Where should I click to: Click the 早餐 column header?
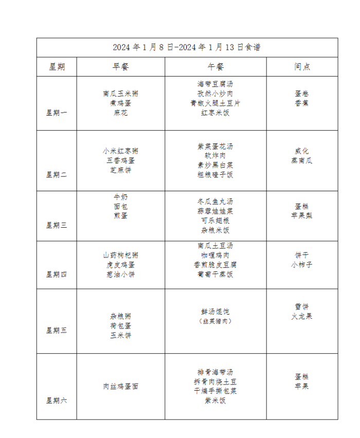120,67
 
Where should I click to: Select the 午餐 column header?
215,67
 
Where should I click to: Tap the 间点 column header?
302,67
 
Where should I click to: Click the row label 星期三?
57,225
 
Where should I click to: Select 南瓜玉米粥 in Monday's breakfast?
120,94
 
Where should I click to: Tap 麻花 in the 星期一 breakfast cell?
120,113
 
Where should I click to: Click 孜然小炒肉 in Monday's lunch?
215,94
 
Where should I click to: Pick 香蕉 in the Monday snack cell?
302,103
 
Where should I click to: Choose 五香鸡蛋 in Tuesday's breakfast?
120,160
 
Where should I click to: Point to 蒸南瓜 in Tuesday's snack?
302,160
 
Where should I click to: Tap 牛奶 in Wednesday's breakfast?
120,197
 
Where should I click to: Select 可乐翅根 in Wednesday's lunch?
215,221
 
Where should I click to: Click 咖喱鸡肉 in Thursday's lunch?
215,255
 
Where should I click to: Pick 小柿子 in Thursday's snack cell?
302,265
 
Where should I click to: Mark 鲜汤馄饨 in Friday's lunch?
215,312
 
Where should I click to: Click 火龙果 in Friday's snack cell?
302,316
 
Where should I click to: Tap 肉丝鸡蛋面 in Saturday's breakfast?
120,386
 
